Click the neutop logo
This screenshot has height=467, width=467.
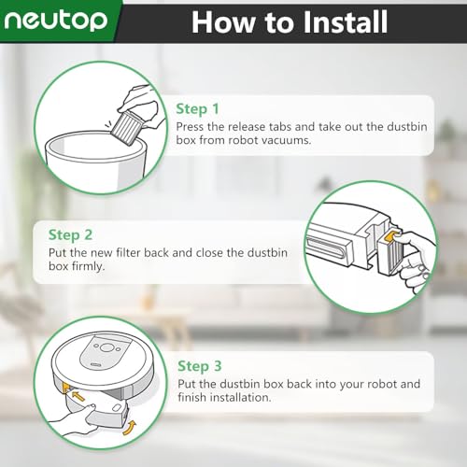[56, 21]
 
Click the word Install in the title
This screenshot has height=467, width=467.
[346, 21]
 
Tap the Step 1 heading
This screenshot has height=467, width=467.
[197, 109]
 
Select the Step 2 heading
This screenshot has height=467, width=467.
[70, 235]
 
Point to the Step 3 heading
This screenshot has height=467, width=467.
[200, 366]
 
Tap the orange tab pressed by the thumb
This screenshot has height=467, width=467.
[391, 236]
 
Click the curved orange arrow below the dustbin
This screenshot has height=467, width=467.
[130, 428]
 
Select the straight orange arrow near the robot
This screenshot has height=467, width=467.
[78, 396]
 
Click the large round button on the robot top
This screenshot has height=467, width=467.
[106, 347]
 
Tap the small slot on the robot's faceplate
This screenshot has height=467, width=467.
[95, 364]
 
